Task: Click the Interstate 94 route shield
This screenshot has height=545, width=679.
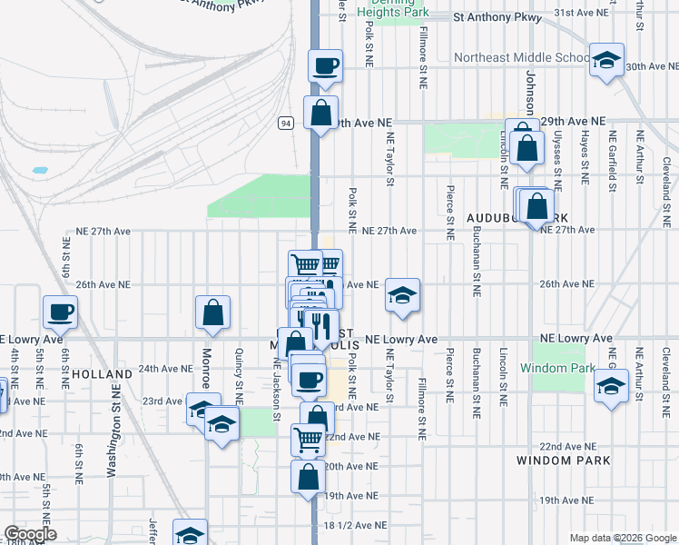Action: click(x=286, y=124)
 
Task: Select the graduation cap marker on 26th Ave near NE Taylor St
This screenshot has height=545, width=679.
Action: click(x=402, y=295)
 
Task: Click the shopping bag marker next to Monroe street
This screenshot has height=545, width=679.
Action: click(x=212, y=312)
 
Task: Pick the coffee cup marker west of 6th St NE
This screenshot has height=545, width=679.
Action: click(x=61, y=312)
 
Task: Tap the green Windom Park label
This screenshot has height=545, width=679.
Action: click(x=557, y=368)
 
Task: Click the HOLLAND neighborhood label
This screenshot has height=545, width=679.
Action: click(x=95, y=373)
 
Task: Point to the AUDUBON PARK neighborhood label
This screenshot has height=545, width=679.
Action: click(x=517, y=219)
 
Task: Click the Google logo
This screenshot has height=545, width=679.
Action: click(x=29, y=534)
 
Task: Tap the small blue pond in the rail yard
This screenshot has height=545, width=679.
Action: click(x=39, y=170)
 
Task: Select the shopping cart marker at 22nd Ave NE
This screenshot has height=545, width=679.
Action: click(x=309, y=440)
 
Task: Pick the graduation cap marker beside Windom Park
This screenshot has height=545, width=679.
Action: click(x=611, y=386)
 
